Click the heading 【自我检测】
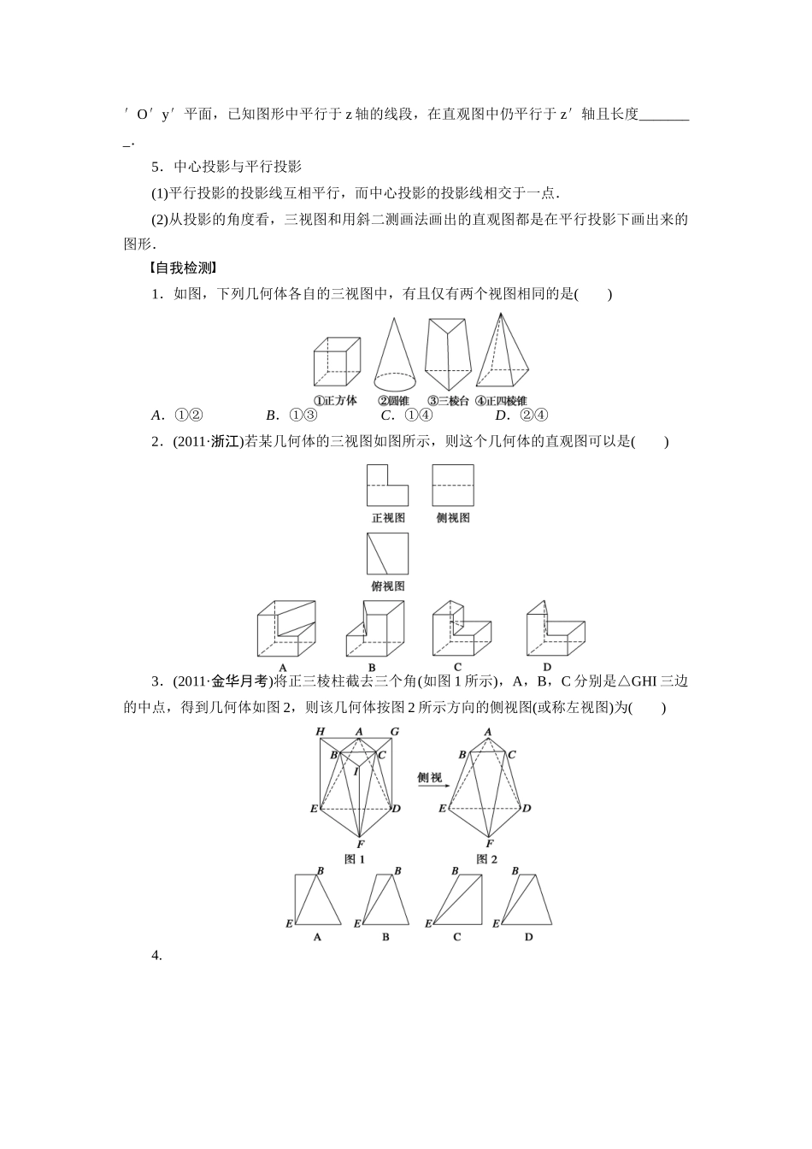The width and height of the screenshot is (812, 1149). (184, 268)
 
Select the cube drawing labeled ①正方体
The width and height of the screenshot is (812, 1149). (335, 362)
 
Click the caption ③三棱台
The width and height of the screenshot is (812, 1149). (449, 401)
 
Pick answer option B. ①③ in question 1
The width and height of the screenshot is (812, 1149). (291, 415)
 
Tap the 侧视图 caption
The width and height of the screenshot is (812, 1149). (452, 518)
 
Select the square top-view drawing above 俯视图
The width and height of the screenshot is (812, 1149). (387, 554)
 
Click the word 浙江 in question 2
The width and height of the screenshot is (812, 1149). (224, 442)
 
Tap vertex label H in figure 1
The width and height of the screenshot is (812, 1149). (320, 731)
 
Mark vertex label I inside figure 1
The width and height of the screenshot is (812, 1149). (356, 770)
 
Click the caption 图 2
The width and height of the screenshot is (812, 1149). (486, 859)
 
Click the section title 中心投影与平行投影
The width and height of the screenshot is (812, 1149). (232, 167)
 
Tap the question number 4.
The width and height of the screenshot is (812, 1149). (156, 956)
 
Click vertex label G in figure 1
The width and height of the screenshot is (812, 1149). (395, 731)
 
